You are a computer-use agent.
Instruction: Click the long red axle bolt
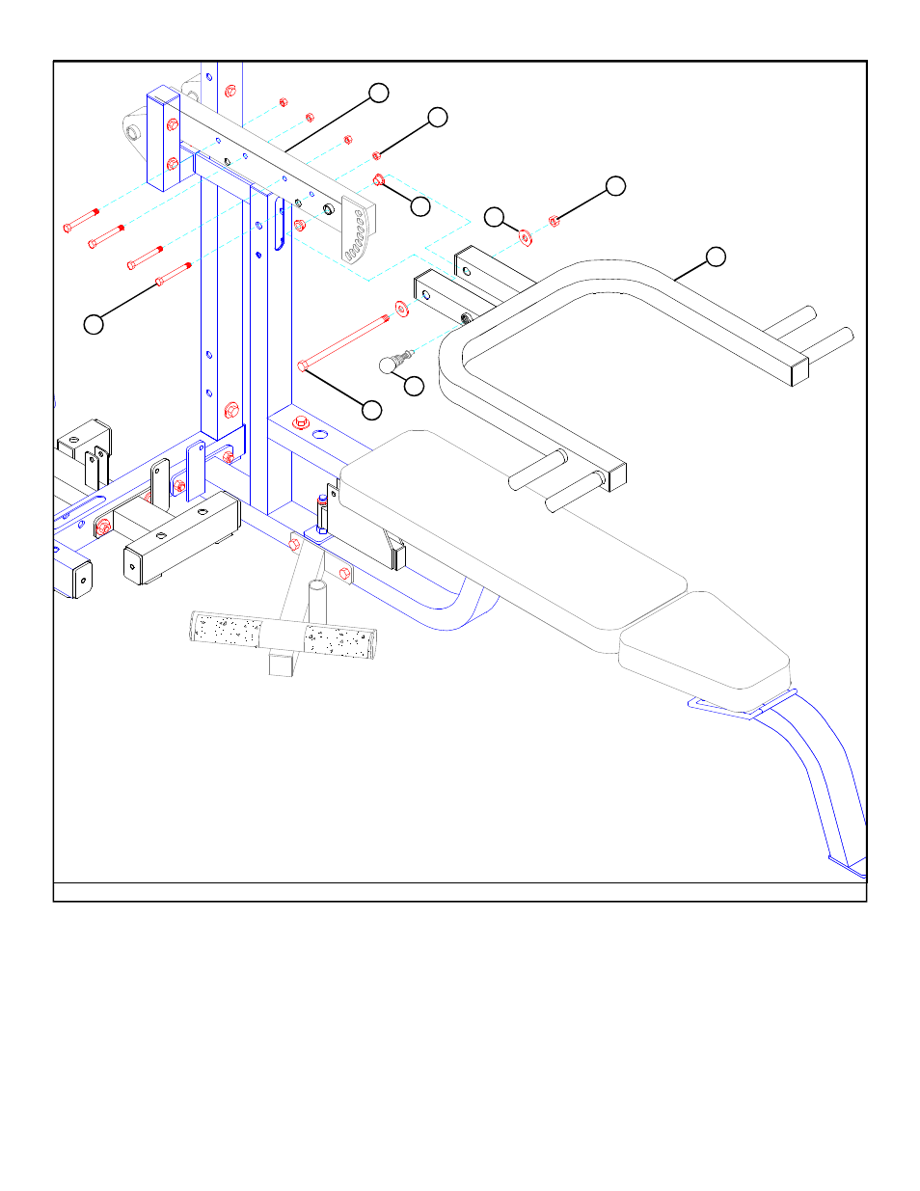point(344,340)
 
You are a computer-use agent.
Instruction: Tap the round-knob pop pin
point(390,364)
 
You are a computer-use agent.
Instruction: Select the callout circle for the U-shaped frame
point(715,257)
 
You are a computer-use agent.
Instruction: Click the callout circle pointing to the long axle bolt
point(371,410)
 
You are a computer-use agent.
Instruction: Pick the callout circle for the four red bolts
point(93,324)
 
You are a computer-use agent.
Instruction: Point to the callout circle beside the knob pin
point(414,386)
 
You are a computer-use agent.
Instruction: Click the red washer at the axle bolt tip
point(400,310)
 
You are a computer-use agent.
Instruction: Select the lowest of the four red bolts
point(174,274)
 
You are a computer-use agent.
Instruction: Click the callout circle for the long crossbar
point(379,93)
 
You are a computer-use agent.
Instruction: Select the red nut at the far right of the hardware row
point(555,222)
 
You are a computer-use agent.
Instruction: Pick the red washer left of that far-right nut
point(526,236)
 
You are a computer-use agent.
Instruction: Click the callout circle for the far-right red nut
point(615,186)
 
